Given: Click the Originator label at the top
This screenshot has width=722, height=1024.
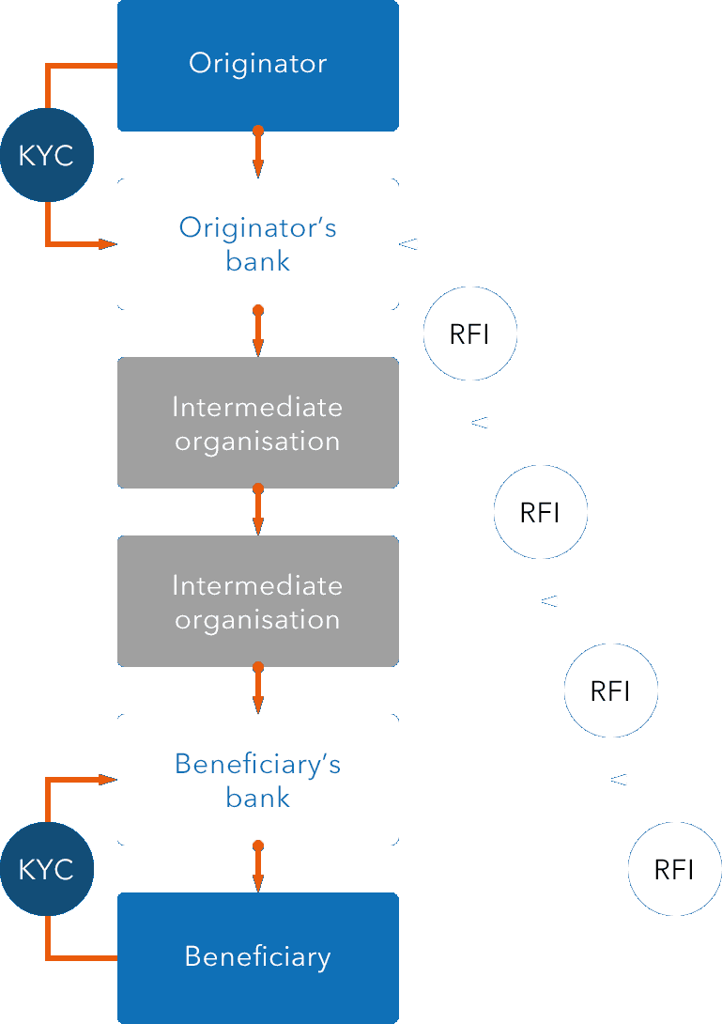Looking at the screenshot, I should click(257, 64).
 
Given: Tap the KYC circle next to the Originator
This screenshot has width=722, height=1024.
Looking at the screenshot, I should click(46, 155).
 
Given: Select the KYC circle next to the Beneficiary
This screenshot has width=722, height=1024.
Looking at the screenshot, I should click(46, 869).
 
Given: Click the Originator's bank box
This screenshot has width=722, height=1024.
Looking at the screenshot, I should click(257, 243).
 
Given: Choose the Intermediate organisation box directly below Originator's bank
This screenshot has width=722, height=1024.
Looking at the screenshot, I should click(257, 422).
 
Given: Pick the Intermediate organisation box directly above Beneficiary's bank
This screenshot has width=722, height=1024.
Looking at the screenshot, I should click(257, 600).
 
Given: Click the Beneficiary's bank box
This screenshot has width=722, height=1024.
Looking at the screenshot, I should click(257, 779).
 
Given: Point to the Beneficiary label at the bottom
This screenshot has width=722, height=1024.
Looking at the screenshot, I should click(257, 957).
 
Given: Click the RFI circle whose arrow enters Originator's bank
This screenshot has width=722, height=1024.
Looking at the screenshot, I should click(469, 334).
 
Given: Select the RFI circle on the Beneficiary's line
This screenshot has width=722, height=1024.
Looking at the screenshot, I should click(674, 869).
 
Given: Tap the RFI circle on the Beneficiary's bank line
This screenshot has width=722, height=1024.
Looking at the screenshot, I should click(610, 691).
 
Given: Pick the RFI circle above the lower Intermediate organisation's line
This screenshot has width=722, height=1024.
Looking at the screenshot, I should click(540, 512).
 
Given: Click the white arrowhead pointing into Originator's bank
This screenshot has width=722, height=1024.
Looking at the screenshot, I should click(408, 244).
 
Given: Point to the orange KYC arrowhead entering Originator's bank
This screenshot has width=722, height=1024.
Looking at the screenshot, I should click(107, 244).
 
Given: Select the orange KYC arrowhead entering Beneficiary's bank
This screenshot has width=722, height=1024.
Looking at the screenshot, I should click(107, 779).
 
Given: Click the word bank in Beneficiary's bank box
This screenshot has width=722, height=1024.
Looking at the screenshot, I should click(257, 798).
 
